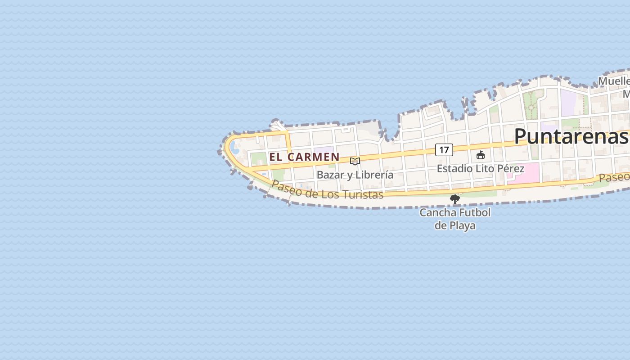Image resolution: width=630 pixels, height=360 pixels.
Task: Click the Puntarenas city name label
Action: (x=571, y=136)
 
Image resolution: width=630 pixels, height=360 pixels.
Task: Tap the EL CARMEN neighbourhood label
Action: (x=304, y=157)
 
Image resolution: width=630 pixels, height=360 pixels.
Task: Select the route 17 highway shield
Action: (x=444, y=150)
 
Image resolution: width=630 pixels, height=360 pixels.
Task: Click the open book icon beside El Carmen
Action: (x=355, y=161)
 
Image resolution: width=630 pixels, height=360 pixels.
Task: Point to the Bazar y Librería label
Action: (x=355, y=175)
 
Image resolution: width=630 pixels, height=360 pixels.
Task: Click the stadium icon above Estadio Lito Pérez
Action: (x=481, y=155)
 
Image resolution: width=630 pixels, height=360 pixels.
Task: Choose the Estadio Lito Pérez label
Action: (x=481, y=169)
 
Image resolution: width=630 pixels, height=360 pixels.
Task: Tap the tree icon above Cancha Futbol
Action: (x=455, y=199)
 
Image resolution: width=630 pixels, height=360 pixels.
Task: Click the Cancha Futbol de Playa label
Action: (x=455, y=219)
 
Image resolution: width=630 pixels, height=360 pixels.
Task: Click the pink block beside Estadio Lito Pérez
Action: (x=526, y=172)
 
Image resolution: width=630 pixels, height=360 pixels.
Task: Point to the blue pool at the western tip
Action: (x=234, y=147)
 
